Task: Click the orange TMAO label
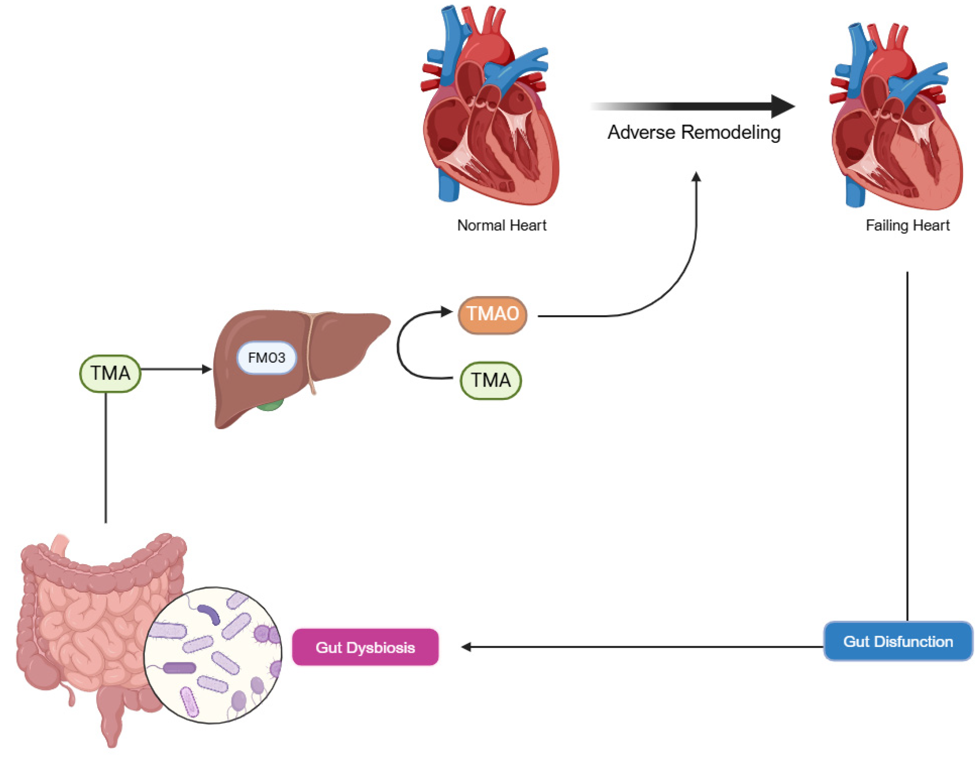[x=492, y=314]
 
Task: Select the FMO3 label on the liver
[x=267, y=357]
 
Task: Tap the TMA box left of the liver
[x=110, y=373]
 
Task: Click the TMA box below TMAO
[x=491, y=380]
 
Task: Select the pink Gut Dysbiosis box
[x=365, y=647]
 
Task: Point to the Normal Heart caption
[x=501, y=225]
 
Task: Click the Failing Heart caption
[x=907, y=225]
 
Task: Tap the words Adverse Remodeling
[x=694, y=132]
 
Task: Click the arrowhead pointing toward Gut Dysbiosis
[x=466, y=647]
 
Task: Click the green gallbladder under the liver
[x=269, y=406]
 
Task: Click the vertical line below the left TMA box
[x=106, y=458]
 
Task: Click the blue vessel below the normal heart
[x=448, y=188]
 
